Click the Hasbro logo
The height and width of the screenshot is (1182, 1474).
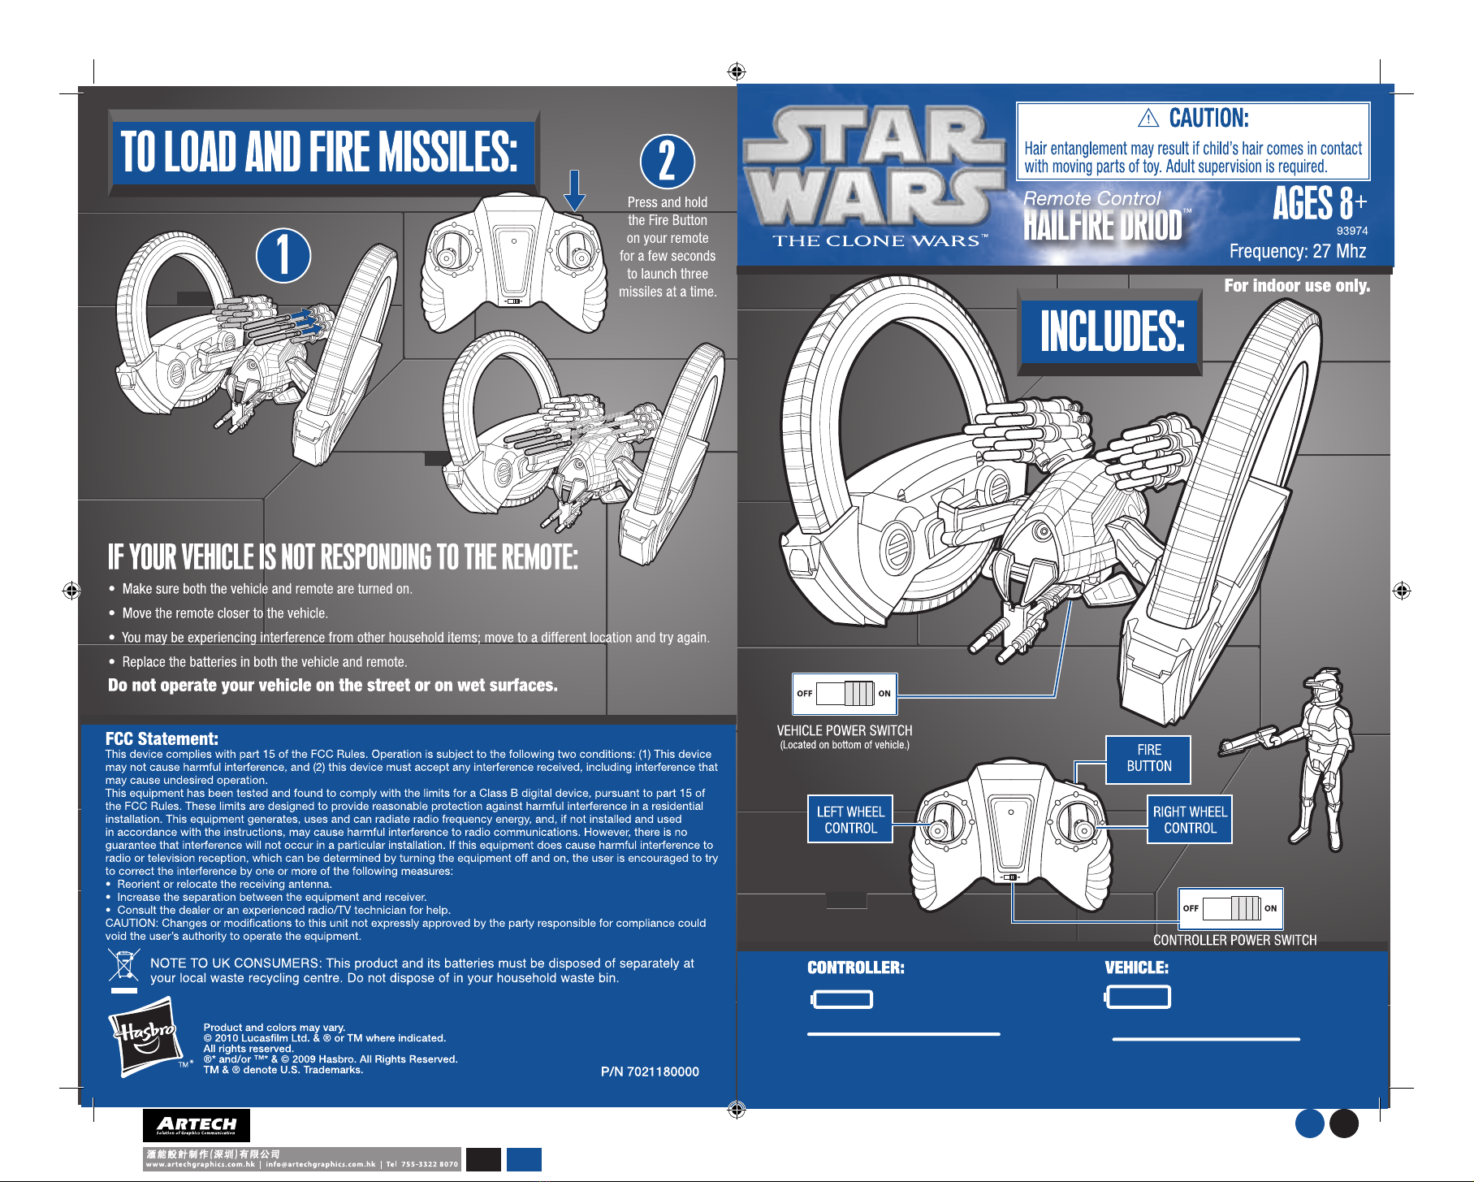click(x=145, y=1037)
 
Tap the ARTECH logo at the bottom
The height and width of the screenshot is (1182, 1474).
click(x=197, y=1126)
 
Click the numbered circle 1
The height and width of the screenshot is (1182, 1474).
click(x=283, y=255)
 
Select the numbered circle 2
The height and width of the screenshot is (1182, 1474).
click(x=668, y=161)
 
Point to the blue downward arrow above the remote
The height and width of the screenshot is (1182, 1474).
click(x=575, y=190)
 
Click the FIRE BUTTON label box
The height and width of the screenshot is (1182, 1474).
click(x=1148, y=760)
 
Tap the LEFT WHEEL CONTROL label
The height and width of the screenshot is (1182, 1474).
click(x=850, y=820)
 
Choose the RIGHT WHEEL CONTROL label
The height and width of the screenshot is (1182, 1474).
click(x=1190, y=820)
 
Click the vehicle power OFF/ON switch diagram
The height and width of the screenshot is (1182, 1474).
click(x=845, y=694)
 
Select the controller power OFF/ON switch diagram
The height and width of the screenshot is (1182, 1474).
click(x=1231, y=908)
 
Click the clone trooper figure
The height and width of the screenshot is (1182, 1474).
click(x=1297, y=760)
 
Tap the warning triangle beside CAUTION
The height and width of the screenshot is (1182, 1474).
click(x=1148, y=119)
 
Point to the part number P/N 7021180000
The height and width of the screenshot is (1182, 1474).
click(x=650, y=1072)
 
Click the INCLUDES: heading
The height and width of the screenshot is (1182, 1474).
click(x=1112, y=331)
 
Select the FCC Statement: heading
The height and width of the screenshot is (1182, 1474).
click(x=162, y=738)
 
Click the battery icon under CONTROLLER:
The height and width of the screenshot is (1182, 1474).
click(x=842, y=998)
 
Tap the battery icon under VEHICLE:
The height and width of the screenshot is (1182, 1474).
click(x=1138, y=998)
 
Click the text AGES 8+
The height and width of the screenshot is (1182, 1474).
click(x=1320, y=203)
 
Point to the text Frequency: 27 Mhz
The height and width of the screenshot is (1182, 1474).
click(x=1298, y=251)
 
